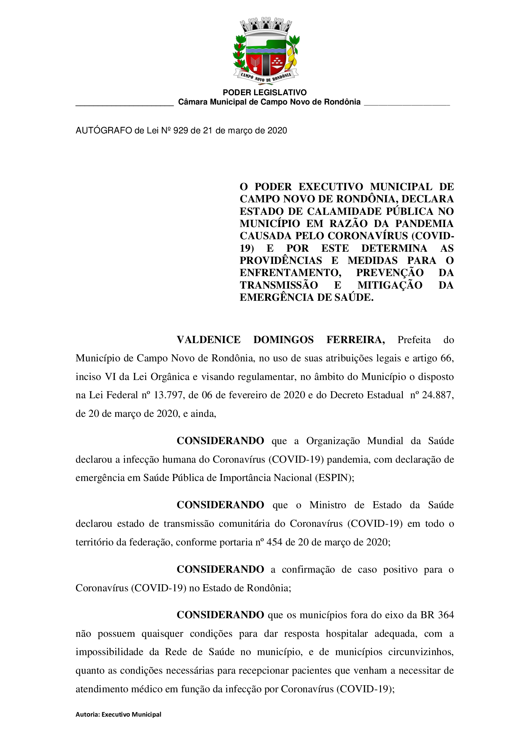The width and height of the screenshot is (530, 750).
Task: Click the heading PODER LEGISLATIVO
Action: point(265,92)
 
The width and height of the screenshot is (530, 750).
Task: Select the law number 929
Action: point(180,131)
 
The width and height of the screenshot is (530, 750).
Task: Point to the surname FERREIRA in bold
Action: point(355,340)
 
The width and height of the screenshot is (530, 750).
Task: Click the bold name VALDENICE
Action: point(209,340)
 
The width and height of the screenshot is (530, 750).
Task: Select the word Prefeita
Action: point(414,340)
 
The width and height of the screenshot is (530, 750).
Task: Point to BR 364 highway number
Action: point(437,615)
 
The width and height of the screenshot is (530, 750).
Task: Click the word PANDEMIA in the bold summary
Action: point(424,224)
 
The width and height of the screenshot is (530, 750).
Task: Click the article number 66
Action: point(446,358)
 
